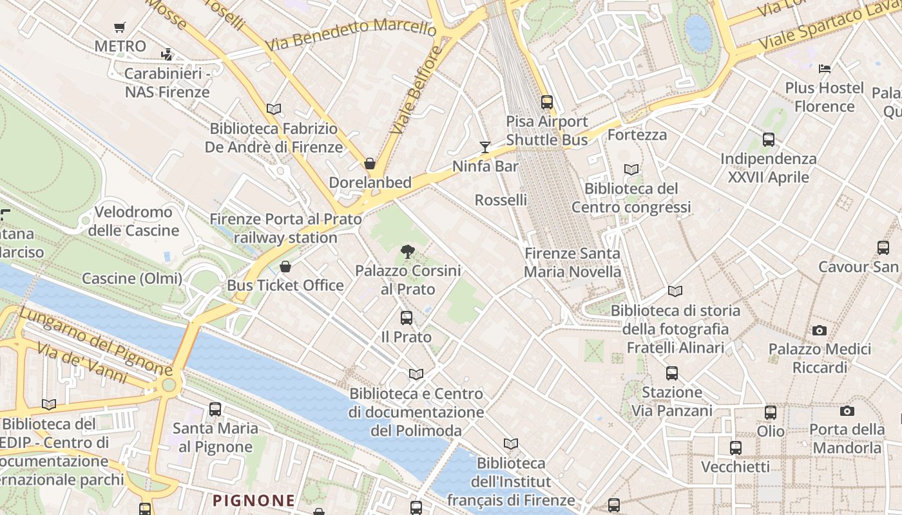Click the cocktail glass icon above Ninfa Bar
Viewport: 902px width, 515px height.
[x=485, y=147]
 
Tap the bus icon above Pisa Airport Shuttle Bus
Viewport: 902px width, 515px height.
[x=547, y=102]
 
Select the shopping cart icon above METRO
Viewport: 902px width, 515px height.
[x=119, y=27]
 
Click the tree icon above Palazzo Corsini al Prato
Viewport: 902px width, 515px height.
[x=407, y=252]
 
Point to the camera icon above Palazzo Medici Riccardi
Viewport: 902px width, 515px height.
[x=820, y=330]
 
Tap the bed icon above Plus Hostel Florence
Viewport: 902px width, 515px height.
[x=825, y=68]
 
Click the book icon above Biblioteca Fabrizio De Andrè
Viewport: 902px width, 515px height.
[x=274, y=109]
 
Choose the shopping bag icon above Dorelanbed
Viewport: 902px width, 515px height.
[x=370, y=164]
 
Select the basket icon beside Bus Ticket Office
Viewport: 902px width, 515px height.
[x=285, y=267]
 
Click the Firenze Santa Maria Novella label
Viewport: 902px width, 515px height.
[x=572, y=263]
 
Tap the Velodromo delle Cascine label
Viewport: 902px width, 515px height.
[x=133, y=221]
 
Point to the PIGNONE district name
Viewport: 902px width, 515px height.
[x=254, y=500]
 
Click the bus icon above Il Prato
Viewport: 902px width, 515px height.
[x=407, y=317]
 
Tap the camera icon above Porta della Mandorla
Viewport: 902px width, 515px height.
[x=847, y=411]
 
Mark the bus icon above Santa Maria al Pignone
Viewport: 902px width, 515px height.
[x=215, y=409]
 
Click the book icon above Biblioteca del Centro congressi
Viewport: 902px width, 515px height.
[x=631, y=169]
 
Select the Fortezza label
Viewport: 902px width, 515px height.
[x=637, y=135]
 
